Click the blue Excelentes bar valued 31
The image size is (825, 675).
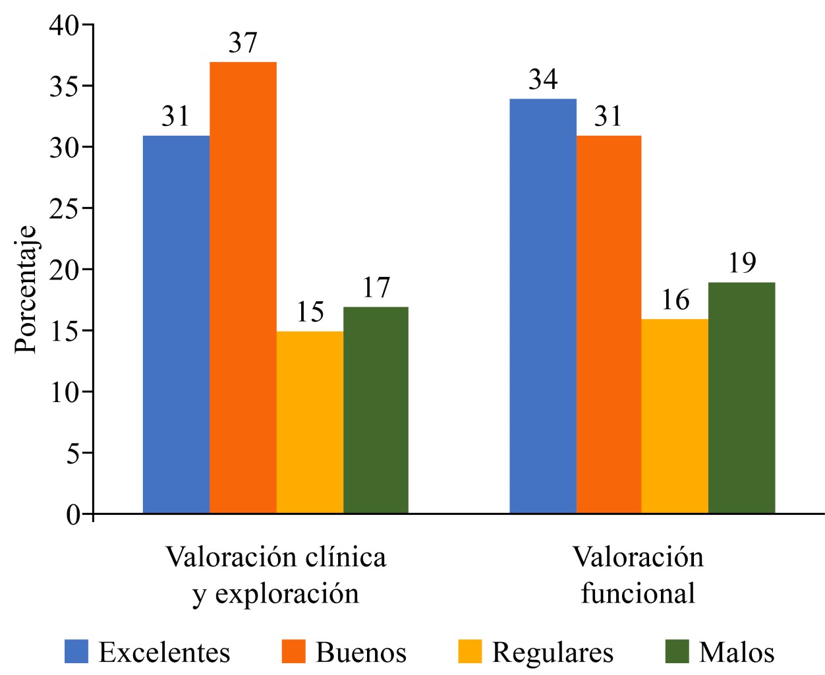click(x=176, y=324)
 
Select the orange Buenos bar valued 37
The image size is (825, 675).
click(x=242, y=287)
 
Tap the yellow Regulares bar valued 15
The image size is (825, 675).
click(x=310, y=422)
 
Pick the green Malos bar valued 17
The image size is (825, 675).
click(x=376, y=410)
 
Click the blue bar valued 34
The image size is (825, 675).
click(x=543, y=306)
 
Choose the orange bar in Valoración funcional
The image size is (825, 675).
click(x=609, y=324)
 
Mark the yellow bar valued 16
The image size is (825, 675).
click(x=675, y=416)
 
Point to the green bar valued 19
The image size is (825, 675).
click(x=741, y=397)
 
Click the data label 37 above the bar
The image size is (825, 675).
click(x=242, y=43)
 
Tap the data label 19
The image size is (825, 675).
click(x=742, y=263)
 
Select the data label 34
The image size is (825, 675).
click(x=543, y=80)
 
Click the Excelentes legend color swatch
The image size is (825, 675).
click(x=76, y=651)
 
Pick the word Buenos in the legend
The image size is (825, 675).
click(x=361, y=653)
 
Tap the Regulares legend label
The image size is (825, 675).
click(x=552, y=653)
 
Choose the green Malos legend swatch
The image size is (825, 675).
click(x=677, y=651)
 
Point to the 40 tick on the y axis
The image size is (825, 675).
click(x=63, y=25)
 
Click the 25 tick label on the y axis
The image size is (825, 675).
click(x=63, y=208)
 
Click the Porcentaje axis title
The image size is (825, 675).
click(x=26, y=289)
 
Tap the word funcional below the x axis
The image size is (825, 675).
click(x=638, y=593)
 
